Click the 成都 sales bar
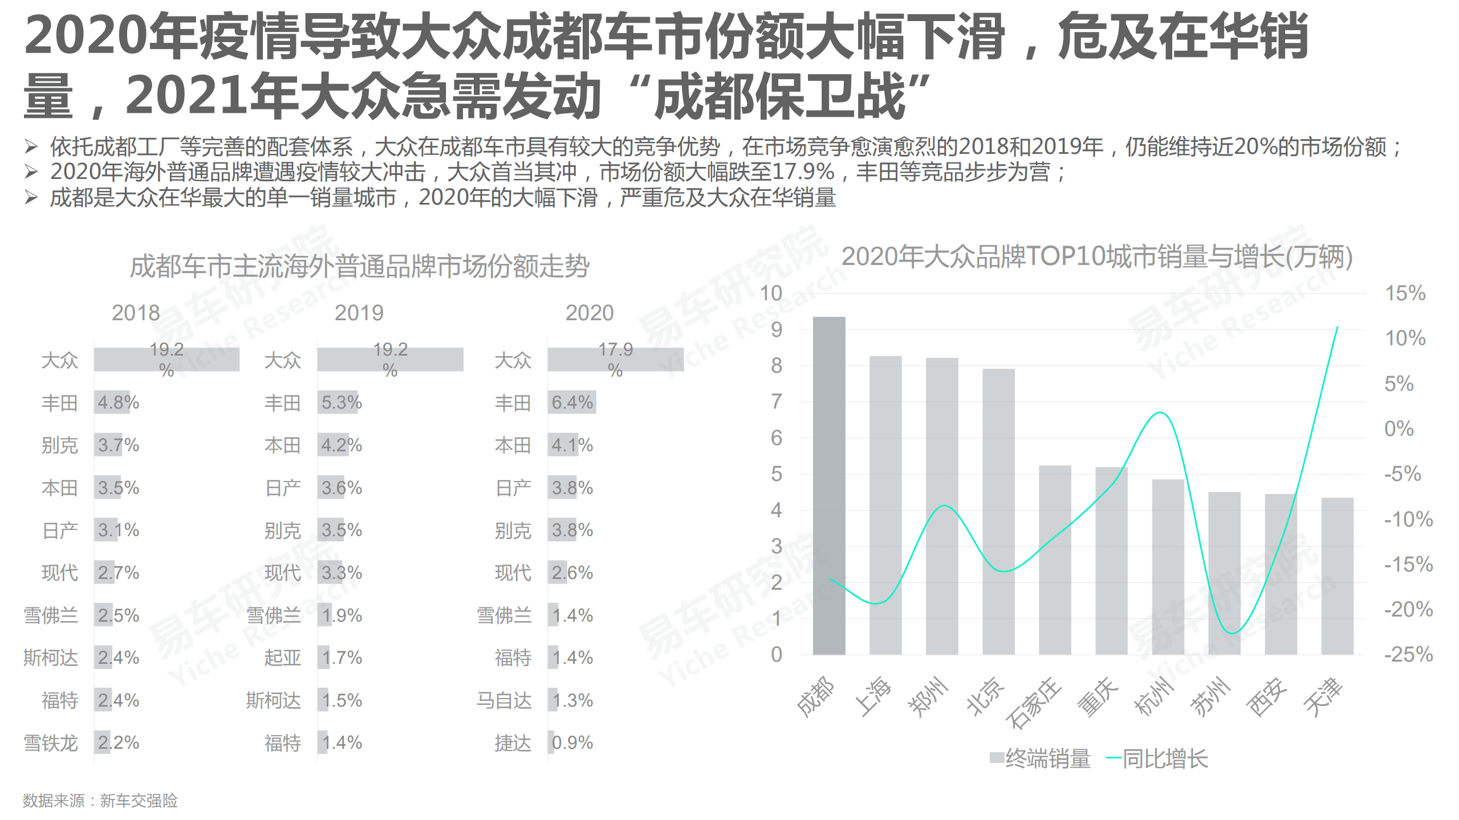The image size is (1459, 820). point(828,486)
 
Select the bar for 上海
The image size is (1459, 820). point(885,505)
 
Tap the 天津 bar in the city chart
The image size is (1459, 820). point(1337,576)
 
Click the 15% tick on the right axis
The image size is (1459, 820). point(1405,293)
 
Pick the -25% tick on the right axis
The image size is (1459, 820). point(1408,654)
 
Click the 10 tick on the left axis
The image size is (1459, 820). point(771,293)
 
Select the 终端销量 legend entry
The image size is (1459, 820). point(1041,758)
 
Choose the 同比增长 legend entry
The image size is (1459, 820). point(1157,758)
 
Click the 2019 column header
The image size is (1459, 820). point(359,313)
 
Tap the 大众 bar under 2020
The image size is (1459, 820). point(615,360)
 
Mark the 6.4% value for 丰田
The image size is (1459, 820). point(572,402)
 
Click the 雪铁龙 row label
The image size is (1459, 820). point(51,743)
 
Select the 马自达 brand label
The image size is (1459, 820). point(504,700)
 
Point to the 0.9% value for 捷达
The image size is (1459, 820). point(572,743)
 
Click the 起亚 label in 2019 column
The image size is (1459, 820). point(282,658)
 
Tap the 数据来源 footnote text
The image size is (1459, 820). point(100,801)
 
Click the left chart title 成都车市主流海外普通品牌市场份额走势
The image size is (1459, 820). point(359,266)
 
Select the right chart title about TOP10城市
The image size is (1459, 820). point(1096,256)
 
